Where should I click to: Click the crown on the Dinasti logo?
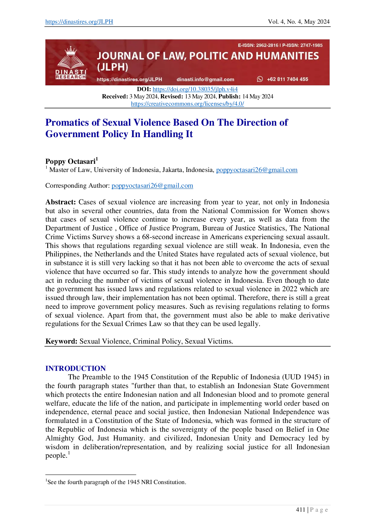pyautogui.click(x=71, y=50)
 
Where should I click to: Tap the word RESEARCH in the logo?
pyautogui.click(x=71, y=77)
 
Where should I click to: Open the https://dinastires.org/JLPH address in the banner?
pyautogui.click(x=129, y=79)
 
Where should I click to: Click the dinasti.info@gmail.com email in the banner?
pyautogui.click(x=205, y=79)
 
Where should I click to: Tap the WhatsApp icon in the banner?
pyautogui.click(x=260, y=79)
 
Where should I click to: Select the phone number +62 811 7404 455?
pyautogui.click(x=287, y=79)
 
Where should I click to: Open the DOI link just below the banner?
pyautogui.click(x=195, y=89)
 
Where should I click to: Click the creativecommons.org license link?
pyautogui.click(x=187, y=104)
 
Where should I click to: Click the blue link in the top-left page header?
pyautogui.click(x=79, y=22)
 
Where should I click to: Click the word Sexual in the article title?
pyautogui.click(x=117, y=122)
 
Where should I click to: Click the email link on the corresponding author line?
pyautogui.click(x=152, y=186)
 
